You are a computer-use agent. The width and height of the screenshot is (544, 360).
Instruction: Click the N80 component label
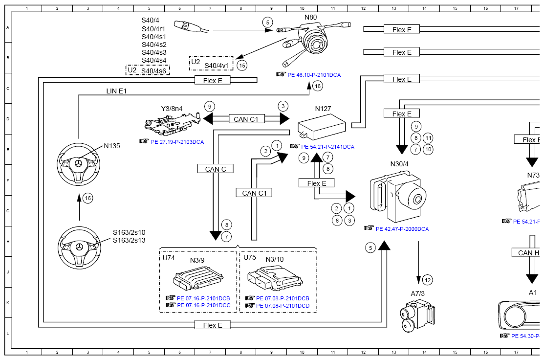(310, 18)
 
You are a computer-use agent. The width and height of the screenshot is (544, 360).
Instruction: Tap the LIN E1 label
(116, 91)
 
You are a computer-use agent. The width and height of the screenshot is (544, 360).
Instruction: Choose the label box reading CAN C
(216, 169)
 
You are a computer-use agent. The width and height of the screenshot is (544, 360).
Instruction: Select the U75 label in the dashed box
(250, 257)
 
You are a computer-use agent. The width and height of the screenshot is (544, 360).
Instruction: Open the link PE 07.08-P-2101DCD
(283, 305)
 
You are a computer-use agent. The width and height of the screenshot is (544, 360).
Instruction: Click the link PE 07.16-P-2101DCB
(203, 298)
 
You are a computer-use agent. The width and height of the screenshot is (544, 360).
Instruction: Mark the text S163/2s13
(130, 240)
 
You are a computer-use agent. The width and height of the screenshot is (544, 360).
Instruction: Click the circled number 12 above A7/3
(428, 280)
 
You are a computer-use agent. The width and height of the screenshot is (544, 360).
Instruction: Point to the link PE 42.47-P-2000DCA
(402, 228)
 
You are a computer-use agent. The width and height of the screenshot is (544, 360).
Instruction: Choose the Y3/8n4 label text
(172, 109)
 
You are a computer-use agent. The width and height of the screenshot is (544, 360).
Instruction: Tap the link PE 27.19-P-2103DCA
(177, 142)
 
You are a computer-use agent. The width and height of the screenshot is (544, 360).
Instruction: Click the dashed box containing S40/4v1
(211, 64)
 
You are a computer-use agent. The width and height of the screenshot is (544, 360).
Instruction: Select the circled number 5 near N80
(267, 22)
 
